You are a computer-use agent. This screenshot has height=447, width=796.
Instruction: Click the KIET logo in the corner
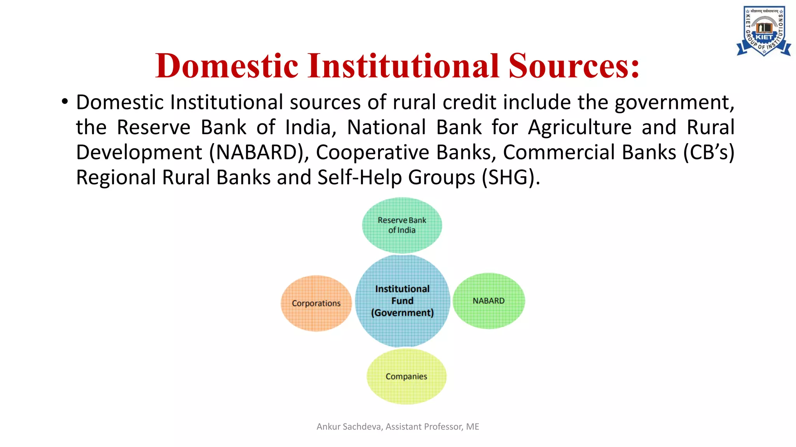pyautogui.click(x=763, y=31)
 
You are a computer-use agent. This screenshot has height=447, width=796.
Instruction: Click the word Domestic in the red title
pyautogui.click(x=227, y=66)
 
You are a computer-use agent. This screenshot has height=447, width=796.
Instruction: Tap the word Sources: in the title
pyautogui.click(x=574, y=66)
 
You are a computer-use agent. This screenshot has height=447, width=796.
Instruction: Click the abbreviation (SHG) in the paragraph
pyautogui.click(x=510, y=177)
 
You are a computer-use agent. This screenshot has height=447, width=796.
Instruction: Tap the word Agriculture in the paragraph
pyautogui.click(x=580, y=127)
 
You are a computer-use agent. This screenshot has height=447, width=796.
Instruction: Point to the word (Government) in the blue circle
pyautogui.click(x=402, y=313)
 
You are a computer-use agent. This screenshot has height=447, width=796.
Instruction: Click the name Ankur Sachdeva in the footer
pyautogui.click(x=349, y=426)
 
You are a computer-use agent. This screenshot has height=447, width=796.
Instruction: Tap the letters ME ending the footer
pyautogui.click(x=473, y=426)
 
